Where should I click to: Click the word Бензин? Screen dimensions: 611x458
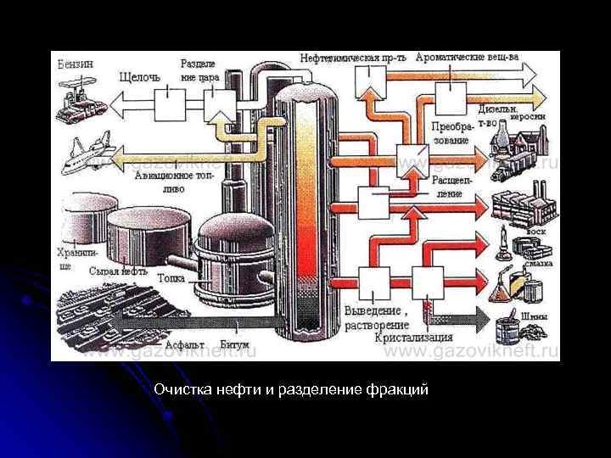coord(76,64)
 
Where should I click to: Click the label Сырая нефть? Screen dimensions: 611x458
coord(118,271)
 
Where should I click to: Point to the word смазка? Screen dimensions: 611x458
coord(539,263)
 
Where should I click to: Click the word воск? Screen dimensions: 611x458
coord(536,231)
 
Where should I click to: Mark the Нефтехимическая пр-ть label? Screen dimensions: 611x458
coord(353,58)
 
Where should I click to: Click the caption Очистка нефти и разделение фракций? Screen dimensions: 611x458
coord(292,390)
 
